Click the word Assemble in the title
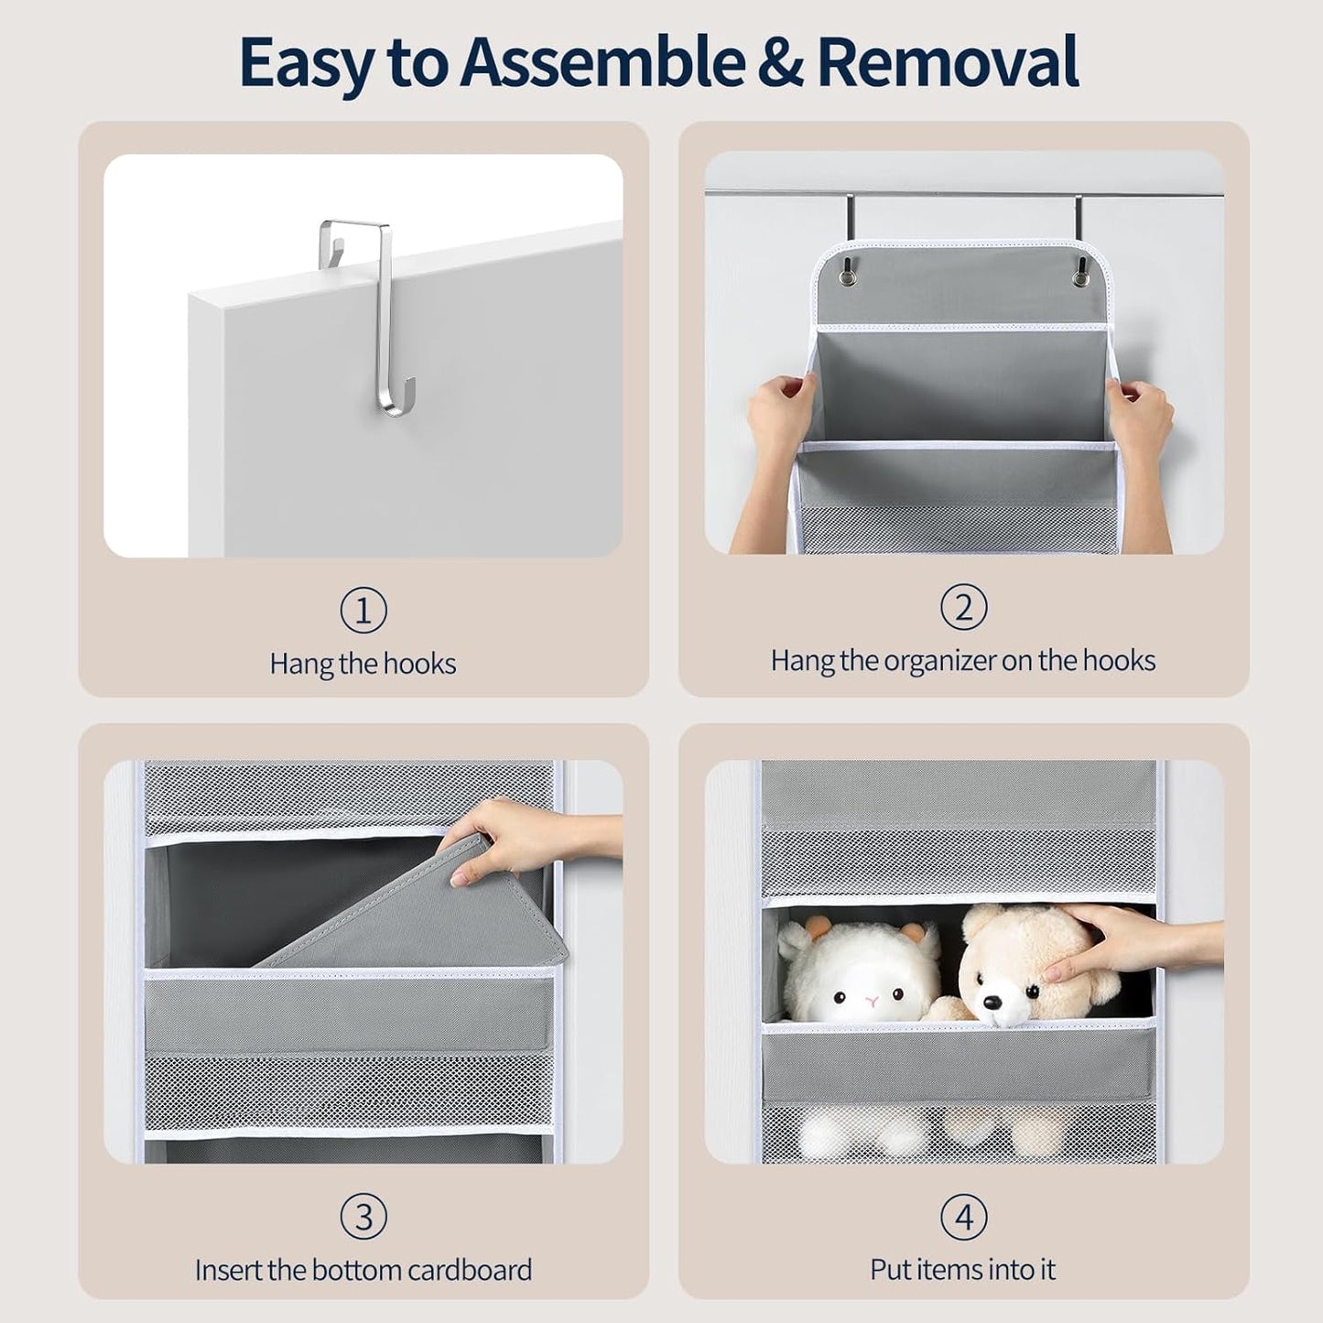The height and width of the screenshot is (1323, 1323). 602,62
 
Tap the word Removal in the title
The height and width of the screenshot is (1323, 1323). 949,62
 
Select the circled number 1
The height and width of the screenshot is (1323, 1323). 363,610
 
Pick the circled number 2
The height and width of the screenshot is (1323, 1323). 964,607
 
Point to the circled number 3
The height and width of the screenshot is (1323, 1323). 363,1218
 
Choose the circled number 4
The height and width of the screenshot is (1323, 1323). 964,1218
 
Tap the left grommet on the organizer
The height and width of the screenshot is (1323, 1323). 847,271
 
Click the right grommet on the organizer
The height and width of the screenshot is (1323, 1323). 1081,271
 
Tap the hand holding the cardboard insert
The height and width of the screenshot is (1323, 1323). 522,839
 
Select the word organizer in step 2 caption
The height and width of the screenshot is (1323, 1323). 938,661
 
